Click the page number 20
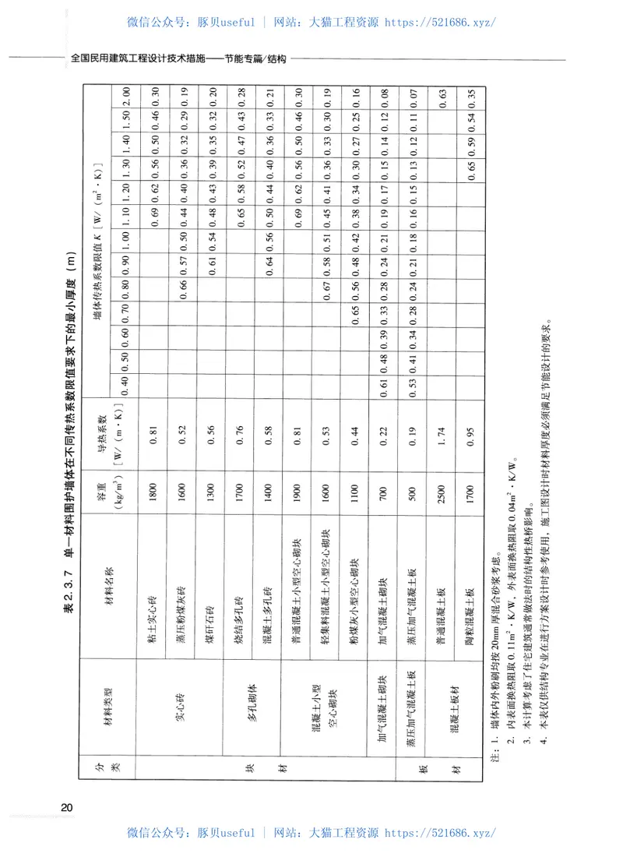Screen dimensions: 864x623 point(69,807)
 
